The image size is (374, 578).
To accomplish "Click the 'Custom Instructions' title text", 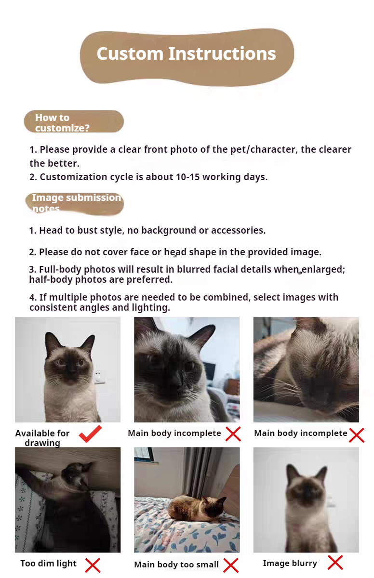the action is click(x=187, y=53).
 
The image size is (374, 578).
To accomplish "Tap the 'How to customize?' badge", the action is click(x=74, y=121).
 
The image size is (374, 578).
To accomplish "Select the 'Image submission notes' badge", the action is click(x=75, y=204).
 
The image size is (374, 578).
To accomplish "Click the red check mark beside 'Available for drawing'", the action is click(x=90, y=434).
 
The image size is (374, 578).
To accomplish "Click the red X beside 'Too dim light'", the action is click(x=93, y=565).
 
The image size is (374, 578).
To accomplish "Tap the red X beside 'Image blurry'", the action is click(x=335, y=562).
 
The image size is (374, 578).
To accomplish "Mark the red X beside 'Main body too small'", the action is click(x=231, y=565).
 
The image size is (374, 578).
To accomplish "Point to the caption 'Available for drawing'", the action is click(x=42, y=438).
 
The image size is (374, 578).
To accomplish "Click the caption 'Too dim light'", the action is click(x=49, y=563).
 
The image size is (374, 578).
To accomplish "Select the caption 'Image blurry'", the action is click(x=290, y=563).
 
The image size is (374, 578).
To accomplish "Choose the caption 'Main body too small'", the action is click(x=176, y=565).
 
